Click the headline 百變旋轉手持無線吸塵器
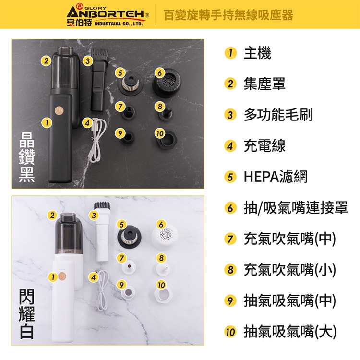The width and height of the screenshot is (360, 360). pyautogui.click(x=228, y=15)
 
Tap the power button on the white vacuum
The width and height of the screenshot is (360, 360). pyautogui.click(x=61, y=276)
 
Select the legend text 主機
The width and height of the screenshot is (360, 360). pyautogui.click(x=257, y=53)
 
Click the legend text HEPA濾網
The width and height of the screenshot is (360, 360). pyautogui.click(x=276, y=177)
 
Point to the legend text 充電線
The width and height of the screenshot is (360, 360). pyautogui.click(x=264, y=146)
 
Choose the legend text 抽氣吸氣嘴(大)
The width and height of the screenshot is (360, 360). pyautogui.click(x=290, y=332)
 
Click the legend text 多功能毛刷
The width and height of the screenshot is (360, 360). pyautogui.click(x=278, y=115)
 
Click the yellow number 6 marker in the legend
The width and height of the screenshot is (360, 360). pyautogui.click(x=230, y=208)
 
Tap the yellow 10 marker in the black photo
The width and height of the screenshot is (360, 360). pyautogui.click(x=160, y=133)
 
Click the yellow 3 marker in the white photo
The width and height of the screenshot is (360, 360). pyautogui.click(x=94, y=216)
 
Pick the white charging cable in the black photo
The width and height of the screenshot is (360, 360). pyautogui.click(x=97, y=141)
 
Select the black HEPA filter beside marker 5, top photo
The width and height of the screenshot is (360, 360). pyautogui.click(x=130, y=84)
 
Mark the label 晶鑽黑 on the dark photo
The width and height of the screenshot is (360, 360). pyautogui.click(x=27, y=157)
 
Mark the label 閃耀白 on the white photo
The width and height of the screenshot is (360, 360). pyautogui.click(x=27, y=314)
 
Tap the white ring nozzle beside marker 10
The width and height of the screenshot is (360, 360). pyautogui.click(x=163, y=295)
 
